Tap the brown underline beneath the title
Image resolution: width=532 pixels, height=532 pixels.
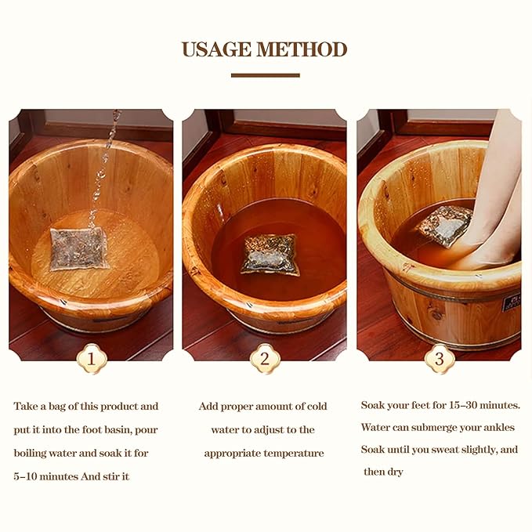coord(266,75)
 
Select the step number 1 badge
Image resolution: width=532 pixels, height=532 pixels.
coord(92,360)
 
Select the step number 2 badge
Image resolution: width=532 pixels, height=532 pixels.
coord(265,360)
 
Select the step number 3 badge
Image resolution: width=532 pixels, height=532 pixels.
coord(440,360)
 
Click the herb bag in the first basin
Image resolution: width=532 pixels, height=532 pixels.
coord(79,248)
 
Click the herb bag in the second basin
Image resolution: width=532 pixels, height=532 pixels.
coord(270,254)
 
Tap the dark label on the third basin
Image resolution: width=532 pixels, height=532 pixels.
coord(511,302)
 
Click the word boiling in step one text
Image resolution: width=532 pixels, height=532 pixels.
coord(34,453)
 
